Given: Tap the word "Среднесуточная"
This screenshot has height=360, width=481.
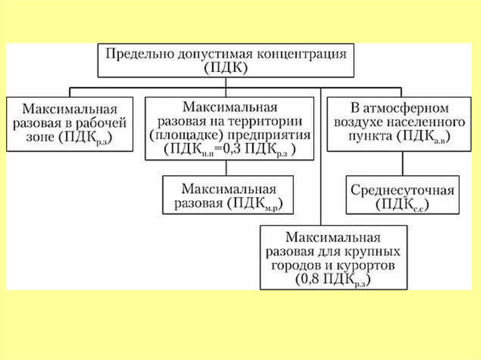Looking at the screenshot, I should [x=402, y=191].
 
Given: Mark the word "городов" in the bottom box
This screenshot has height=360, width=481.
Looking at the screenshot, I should [x=292, y=266].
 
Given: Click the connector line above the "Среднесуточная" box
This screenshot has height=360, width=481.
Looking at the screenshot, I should [x=402, y=163].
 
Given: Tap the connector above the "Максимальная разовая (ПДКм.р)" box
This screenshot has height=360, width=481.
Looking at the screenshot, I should [x=226, y=168].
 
